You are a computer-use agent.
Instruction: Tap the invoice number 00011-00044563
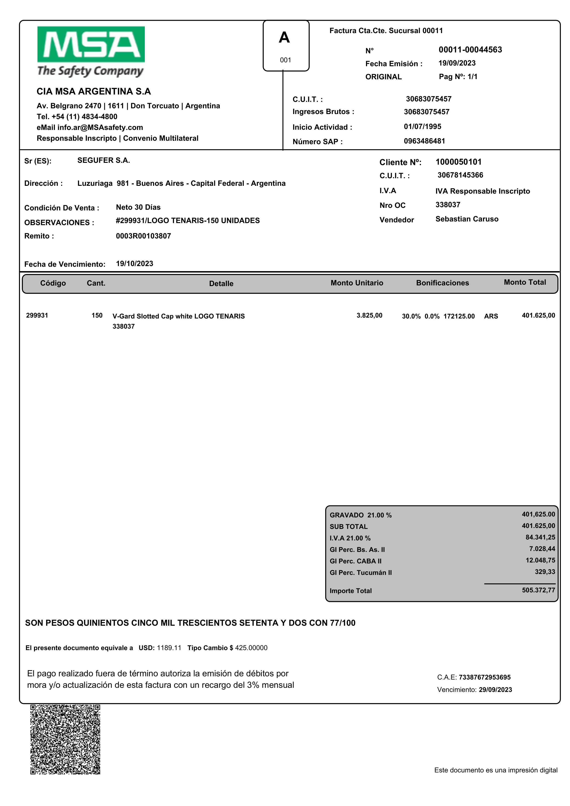470,50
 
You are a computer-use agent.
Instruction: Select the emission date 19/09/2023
457,63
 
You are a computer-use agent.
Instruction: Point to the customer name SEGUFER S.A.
103,161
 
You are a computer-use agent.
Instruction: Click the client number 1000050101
458,162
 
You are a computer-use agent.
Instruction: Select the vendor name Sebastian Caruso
467,219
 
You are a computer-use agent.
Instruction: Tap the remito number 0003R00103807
143,236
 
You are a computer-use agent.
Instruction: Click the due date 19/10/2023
134,264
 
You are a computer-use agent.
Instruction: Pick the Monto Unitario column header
357,283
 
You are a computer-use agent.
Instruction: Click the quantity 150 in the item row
97,315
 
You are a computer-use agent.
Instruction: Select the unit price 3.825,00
369,315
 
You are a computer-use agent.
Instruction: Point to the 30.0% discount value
411,316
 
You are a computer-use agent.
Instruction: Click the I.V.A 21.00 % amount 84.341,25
540,537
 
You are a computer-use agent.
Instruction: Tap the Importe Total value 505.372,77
538,590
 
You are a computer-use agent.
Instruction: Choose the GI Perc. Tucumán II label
360,573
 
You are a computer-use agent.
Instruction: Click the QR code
65,739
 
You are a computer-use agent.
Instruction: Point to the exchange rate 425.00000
251,648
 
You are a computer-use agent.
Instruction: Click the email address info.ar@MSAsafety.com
100,127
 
